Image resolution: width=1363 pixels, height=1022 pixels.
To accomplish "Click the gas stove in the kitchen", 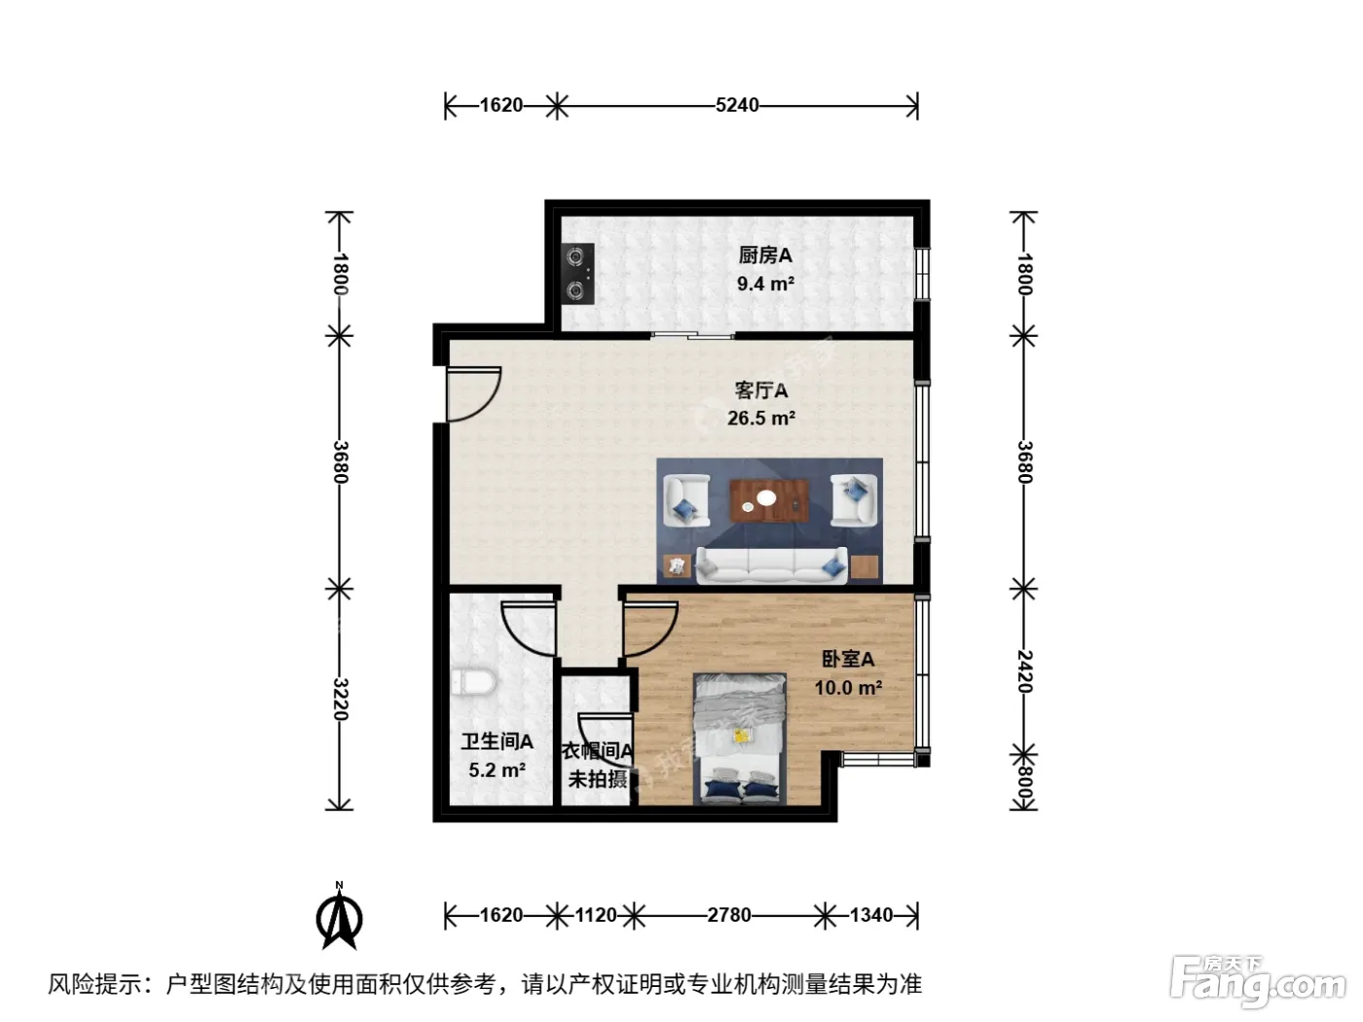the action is click(577, 274).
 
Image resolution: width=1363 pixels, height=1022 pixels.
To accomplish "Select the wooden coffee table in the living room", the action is click(769, 500).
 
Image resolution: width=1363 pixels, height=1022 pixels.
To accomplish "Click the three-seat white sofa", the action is click(771, 566).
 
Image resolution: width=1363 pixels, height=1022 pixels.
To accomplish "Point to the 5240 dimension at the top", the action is click(736, 105).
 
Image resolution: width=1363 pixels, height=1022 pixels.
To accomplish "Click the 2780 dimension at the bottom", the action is click(729, 915).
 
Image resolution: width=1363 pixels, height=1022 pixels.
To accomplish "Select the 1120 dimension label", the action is click(596, 915).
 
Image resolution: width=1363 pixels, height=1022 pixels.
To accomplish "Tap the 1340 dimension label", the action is click(871, 915).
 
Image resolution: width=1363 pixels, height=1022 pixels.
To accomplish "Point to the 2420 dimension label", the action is click(1024, 672).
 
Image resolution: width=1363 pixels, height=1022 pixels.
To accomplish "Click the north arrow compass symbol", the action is click(339, 917).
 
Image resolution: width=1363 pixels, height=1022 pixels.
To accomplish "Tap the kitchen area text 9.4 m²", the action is click(765, 283).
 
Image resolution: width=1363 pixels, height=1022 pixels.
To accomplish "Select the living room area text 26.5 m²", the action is click(761, 418).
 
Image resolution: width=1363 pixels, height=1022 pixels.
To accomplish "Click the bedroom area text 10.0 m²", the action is click(848, 687).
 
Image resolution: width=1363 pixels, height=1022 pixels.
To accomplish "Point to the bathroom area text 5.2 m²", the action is click(497, 770).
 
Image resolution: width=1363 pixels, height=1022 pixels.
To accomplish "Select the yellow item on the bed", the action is click(740, 735).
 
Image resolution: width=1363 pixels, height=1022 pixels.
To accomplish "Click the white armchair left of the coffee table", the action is click(686, 500).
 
